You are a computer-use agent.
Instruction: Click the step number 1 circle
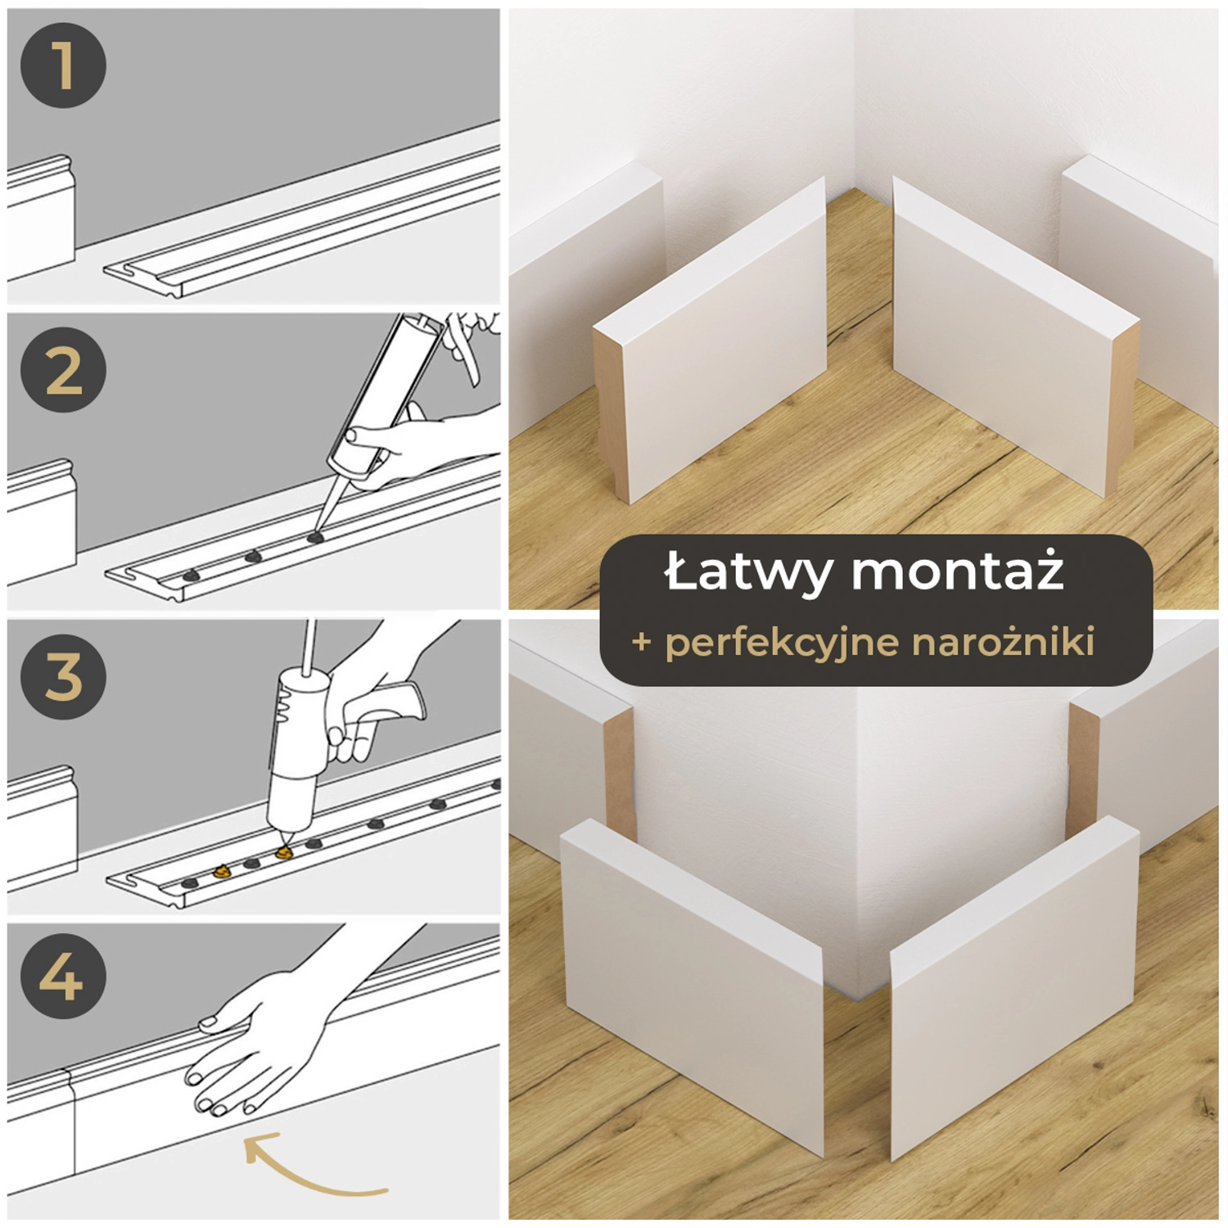point(63,65)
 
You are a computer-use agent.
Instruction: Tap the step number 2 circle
point(63,370)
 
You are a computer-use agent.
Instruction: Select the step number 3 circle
point(63,676)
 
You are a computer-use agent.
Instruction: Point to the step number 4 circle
point(63,976)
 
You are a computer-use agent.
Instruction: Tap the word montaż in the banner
point(958,571)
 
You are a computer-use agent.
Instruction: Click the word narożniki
point(1003,642)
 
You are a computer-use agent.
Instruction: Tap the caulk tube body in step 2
point(385,393)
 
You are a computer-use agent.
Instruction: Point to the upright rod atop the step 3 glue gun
point(309,647)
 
